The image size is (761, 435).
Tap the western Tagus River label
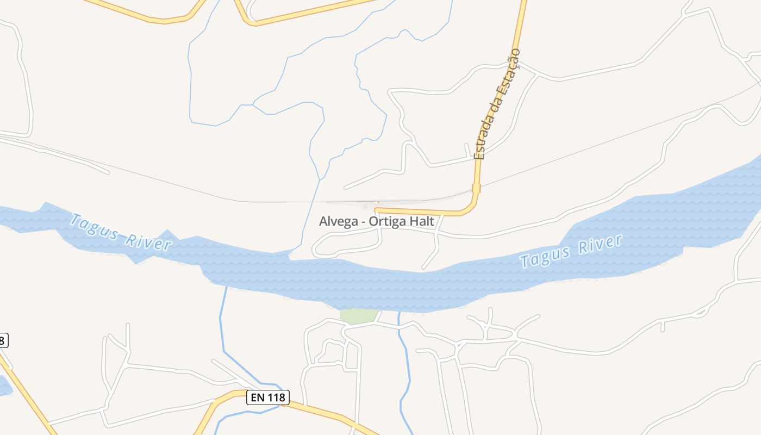pyautogui.click(x=121, y=232)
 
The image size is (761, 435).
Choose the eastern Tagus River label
pyautogui.click(x=571, y=251)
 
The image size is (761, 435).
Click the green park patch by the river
pyautogui.click(x=358, y=315)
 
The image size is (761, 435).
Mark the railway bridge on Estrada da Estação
pyautogui.click(x=476, y=188)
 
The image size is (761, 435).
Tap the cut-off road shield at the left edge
pyautogui.click(x=3, y=341)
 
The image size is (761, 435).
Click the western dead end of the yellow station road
pyautogui.click(x=376, y=209)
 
